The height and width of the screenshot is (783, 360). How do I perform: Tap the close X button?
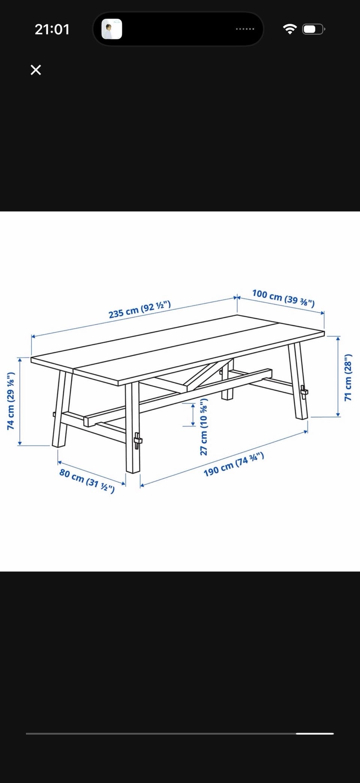coord(36,70)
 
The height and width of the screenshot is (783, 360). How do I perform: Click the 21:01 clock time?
coord(52,29)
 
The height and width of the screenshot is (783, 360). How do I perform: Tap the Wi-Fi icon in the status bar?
coord(289,29)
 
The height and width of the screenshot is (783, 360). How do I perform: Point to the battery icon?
coord(314,29)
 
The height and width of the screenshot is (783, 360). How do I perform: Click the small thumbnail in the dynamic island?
coord(112,29)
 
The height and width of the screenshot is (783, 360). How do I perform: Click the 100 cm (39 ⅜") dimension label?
coord(283,298)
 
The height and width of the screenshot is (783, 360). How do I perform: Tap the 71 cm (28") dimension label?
coord(348,377)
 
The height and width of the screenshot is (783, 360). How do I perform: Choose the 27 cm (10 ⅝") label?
coord(204,427)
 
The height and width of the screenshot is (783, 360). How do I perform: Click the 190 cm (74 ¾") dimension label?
coord(234,464)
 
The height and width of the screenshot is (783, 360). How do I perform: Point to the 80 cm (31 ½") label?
coord(87,481)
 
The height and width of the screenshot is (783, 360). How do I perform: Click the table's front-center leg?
coord(132,428)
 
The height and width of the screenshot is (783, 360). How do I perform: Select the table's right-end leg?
coord(298,381)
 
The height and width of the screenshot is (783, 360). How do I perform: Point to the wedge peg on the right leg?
coord(304,392)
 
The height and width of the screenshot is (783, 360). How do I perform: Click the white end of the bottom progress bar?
coord(315,733)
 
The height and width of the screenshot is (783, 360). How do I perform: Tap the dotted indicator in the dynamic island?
coord(245,29)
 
